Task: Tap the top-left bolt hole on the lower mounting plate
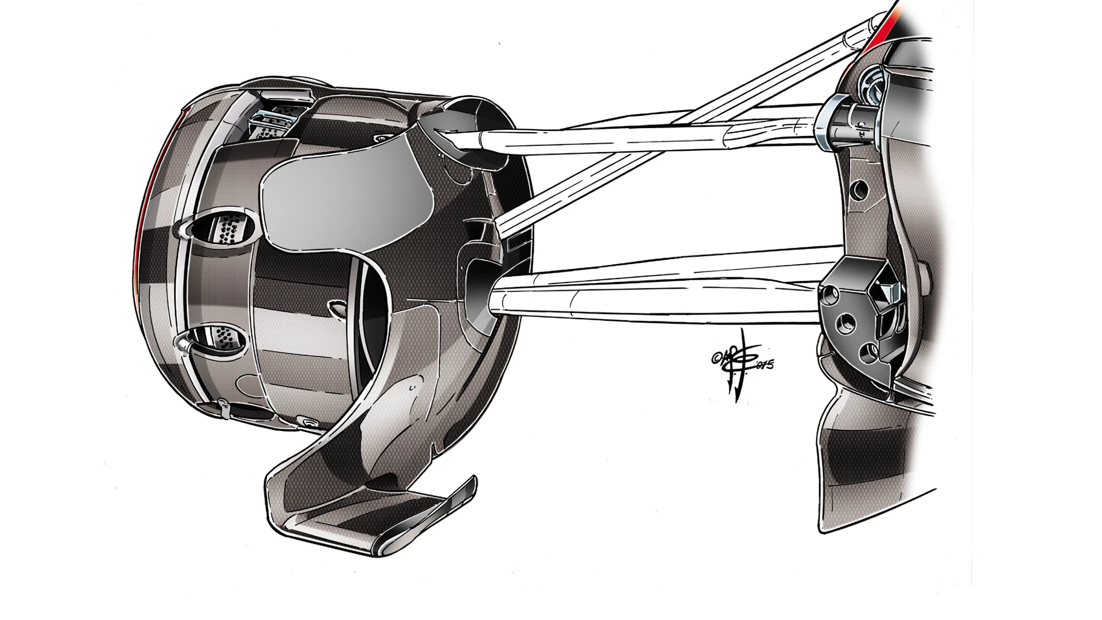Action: [x=829, y=297]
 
